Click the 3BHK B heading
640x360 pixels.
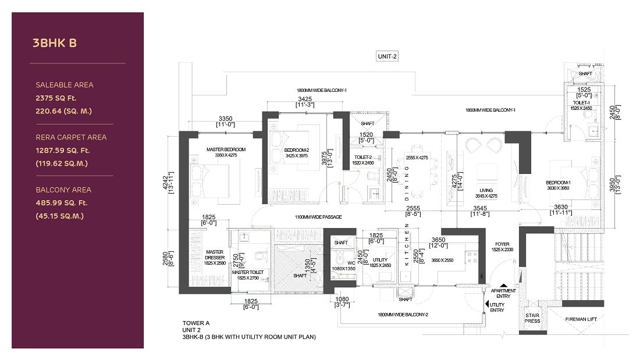tap(55, 42)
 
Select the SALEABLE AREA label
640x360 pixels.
tap(64, 85)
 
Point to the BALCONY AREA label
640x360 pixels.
tap(63, 190)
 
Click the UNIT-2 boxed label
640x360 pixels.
tap(387, 56)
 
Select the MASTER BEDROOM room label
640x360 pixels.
tap(226, 149)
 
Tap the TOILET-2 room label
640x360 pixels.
tap(364, 156)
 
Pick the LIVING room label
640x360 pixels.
tap(486, 190)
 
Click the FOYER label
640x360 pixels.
tap(502, 244)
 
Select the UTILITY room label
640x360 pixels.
tap(380, 259)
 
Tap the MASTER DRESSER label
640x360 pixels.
tap(215, 255)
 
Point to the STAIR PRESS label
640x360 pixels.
tap(532, 318)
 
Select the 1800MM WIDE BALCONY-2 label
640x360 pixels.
tap(403, 315)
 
